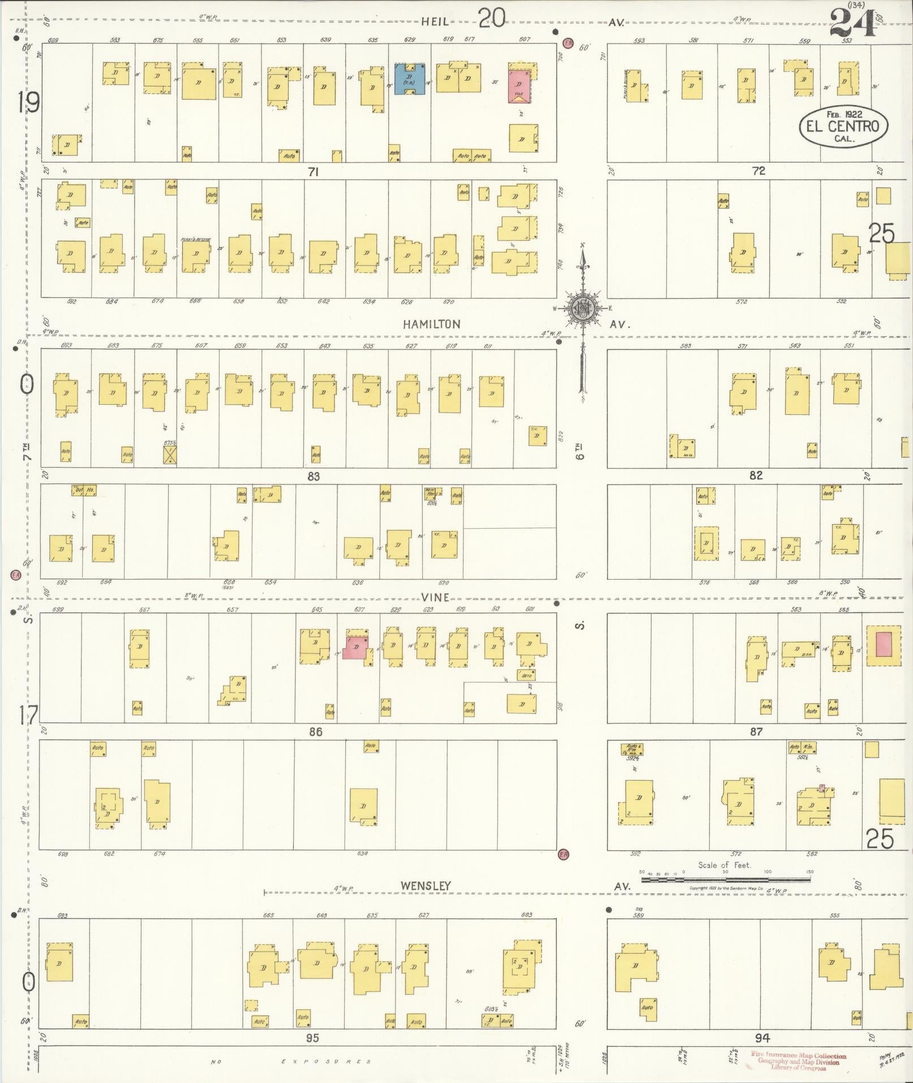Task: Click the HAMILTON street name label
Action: pos(432,324)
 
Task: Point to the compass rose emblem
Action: pos(581,307)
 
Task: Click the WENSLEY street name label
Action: pos(426,886)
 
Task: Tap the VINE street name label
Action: pos(435,597)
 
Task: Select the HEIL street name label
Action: pos(435,22)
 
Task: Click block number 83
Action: pos(313,477)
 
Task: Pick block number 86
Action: pos(315,732)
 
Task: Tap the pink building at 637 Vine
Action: pos(354,647)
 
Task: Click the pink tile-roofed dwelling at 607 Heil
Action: pos(519,87)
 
